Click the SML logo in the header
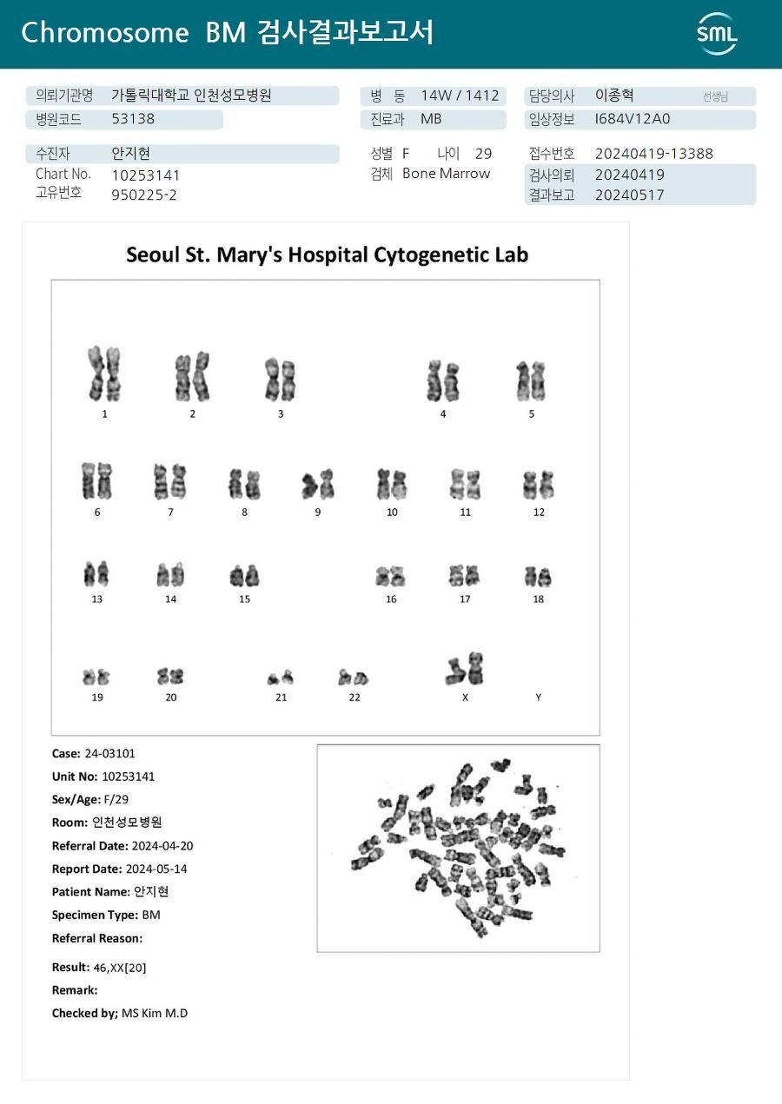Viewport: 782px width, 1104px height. pyautogui.click(x=718, y=34)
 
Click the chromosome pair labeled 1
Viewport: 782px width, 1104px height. pyautogui.click(x=104, y=374)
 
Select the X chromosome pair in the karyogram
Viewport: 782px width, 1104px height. pyautogui.click(x=465, y=669)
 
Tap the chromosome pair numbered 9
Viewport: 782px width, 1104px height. pyautogui.click(x=318, y=484)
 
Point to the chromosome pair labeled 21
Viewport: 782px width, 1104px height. pyautogui.click(x=281, y=678)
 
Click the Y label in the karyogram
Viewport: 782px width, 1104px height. pyautogui.click(x=539, y=697)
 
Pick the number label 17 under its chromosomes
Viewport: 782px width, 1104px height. pyautogui.click(x=465, y=598)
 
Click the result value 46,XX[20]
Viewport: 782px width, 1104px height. pyautogui.click(x=120, y=968)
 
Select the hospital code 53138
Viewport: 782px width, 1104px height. pyautogui.click(x=133, y=119)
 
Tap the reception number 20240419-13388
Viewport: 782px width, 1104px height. pyautogui.click(x=653, y=154)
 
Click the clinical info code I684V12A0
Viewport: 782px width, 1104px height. pyautogui.click(x=632, y=119)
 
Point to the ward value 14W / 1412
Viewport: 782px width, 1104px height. pyautogui.click(x=460, y=96)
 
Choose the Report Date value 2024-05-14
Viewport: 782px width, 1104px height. pyautogui.click(x=156, y=869)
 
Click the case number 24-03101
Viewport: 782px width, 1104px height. pyautogui.click(x=110, y=754)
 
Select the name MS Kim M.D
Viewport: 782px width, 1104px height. pyautogui.click(x=155, y=1014)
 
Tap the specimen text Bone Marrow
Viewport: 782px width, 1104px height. pyautogui.click(x=447, y=174)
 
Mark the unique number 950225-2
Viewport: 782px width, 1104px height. pyautogui.click(x=144, y=195)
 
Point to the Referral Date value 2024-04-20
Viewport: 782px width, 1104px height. pyautogui.click(x=162, y=846)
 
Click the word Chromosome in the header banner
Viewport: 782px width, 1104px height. pyautogui.click(x=105, y=33)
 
